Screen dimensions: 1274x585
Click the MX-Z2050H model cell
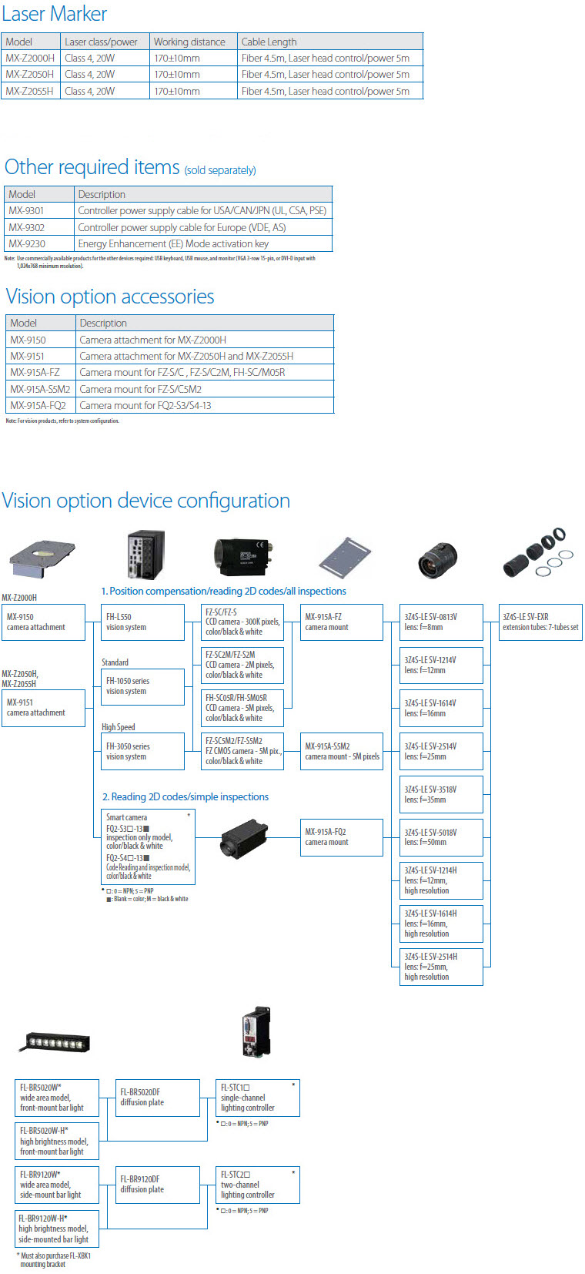[30, 75]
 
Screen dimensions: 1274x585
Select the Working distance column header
[189, 42]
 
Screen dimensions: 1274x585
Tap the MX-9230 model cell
[27, 243]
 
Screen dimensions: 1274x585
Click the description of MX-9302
[182, 227]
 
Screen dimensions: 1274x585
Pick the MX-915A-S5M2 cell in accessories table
[40, 389]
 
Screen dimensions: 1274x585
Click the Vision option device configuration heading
[146, 501]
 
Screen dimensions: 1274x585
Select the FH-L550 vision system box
[142, 622]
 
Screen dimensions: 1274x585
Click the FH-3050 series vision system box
[142, 752]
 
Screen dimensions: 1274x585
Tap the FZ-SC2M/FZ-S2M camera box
[242, 665]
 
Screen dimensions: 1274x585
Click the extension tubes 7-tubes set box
[540, 622]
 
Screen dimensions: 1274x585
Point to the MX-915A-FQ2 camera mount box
[341, 837]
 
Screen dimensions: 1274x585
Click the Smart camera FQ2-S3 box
[147, 847]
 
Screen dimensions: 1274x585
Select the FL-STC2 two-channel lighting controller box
[257, 1185]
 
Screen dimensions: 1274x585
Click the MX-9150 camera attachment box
[43, 622]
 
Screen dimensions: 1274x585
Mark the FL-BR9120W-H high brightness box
[57, 1229]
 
